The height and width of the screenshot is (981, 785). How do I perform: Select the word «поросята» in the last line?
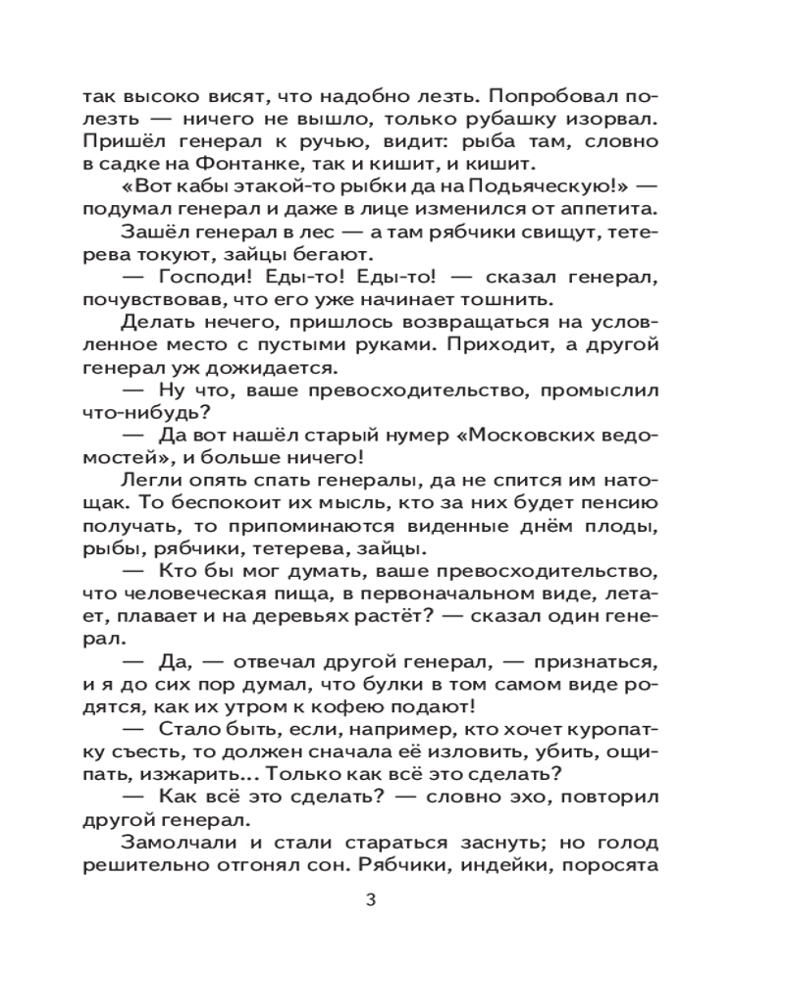pos(614,869)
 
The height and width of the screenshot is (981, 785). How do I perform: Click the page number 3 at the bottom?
pos(370,901)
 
